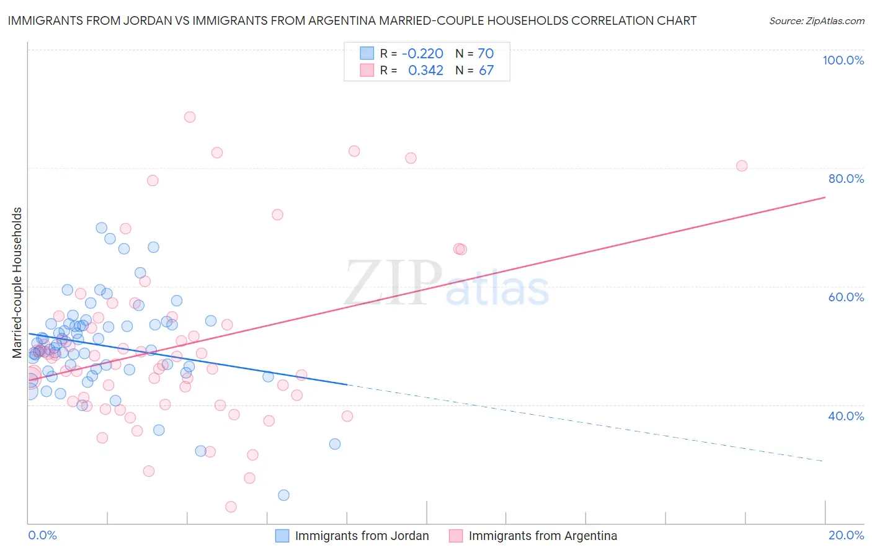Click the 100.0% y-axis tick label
pyautogui.click(x=843, y=60)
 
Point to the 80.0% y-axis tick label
pyautogui.click(x=846, y=179)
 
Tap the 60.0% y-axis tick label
pyautogui.click(x=846, y=297)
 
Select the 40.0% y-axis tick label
pyautogui.click(x=846, y=416)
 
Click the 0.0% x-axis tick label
pyautogui.click(x=42, y=535)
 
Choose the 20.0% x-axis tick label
pyautogui.click(x=846, y=535)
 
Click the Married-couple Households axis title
pyautogui.click(x=17, y=283)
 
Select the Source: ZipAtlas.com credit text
pyautogui.click(x=816, y=20)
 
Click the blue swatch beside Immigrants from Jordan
pyautogui.click(x=282, y=536)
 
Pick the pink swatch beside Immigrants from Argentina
pyautogui.click(x=456, y=536)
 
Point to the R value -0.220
pyautogui.click(x=422, y=53)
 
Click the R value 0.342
pyautogui.click(x=425, y=70)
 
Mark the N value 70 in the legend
pyautogui.click(x=486, y=53)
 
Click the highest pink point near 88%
pyautogui.click(x=190, y=117)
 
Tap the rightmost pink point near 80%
pyautogui.click(x=742, y=166)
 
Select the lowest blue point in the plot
pyautogui.click(x=283, y=495)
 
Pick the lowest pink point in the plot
pyautogui.click(x=231, y=507)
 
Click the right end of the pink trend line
pyautogui.click(x=825, y=197)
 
